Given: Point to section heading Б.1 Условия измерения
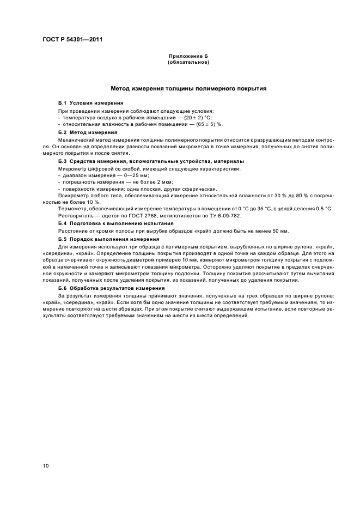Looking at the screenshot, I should [90, 103].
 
